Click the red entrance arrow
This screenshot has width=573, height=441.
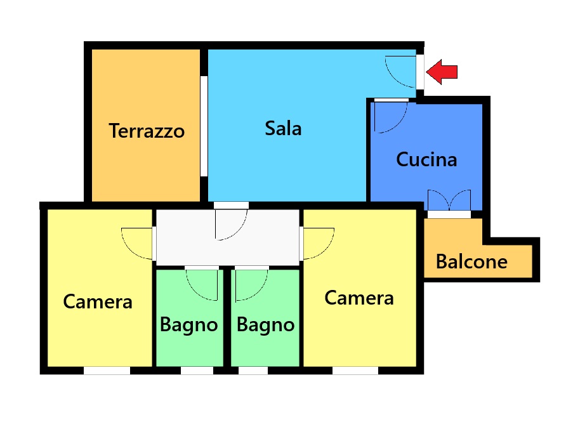click(442, 72)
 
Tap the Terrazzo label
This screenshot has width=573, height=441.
click(147, 131)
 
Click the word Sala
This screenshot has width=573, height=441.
click(283, 128)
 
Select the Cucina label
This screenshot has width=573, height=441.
click(426, 159)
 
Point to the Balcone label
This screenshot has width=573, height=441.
click(471, 261)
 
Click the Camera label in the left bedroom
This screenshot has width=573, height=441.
click(98, 301)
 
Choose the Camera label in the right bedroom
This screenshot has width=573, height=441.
click(359, 298)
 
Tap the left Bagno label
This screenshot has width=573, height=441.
click(189, 325)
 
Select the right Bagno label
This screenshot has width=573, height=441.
click(266, 325)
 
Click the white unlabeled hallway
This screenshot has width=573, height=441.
click(227, 237)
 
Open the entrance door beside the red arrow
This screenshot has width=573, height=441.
click(401, 72)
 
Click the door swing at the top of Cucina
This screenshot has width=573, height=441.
click(391, 117)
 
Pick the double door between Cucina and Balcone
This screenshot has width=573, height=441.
click(449, 201)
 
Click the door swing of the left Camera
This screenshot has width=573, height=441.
click(137, 244)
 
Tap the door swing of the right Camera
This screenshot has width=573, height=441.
click(319, 244)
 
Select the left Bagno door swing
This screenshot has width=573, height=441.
click(202, 285)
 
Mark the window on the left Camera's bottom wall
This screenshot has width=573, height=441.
click(107, 371)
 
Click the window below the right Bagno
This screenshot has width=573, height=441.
click(253, 371)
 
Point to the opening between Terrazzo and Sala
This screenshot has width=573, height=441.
click(204, 126)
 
